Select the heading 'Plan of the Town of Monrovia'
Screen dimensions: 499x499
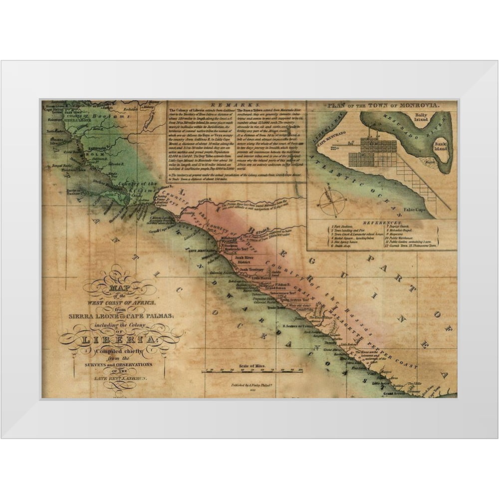pos(381,106)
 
